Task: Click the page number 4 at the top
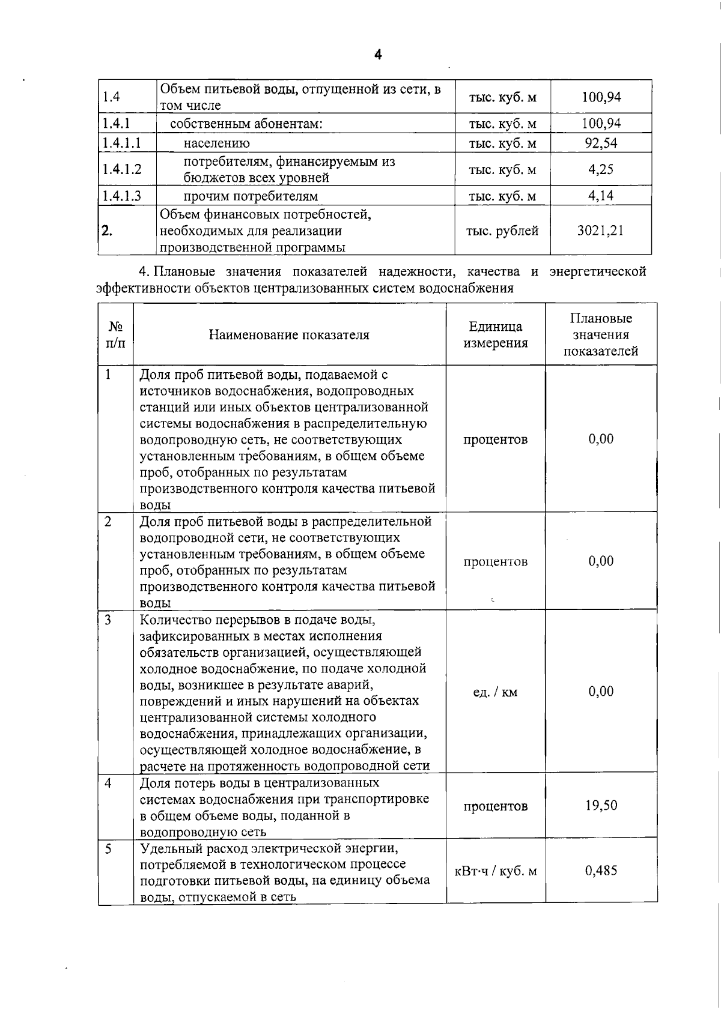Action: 378,55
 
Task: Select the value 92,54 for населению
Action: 601,143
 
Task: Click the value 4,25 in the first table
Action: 601,169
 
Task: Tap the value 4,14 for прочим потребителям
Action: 601,196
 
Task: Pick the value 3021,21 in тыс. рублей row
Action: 601,231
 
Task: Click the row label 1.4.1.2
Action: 122,169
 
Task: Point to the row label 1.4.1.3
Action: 122,196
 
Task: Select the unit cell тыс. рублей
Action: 502,231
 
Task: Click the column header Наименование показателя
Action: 289,335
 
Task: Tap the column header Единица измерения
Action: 496,334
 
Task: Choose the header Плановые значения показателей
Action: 601,334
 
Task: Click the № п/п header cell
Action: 116,335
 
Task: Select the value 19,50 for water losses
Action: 601,806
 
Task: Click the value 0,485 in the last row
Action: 601,871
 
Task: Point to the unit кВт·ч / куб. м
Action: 496,871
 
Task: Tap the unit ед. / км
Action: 495,692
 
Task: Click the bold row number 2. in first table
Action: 107,231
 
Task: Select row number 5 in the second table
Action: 108,849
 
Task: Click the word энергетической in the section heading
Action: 597,271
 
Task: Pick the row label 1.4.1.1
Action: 122,143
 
